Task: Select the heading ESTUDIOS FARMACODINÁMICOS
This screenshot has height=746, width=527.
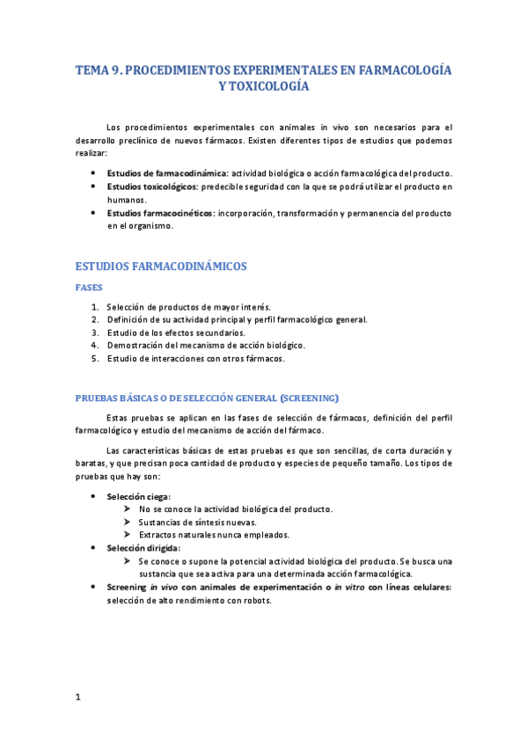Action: pyautogui.click(x=161, y=265)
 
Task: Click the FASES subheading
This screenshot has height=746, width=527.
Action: pyautogui.click(x=90, y=288)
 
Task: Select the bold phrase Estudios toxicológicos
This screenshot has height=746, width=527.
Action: pyautogui.click(x=152, y=186)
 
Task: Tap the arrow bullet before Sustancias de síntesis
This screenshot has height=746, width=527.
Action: pyautogui.click(x=128, y=522)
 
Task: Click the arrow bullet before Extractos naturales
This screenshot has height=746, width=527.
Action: pyautogui.click(x=128, y=535)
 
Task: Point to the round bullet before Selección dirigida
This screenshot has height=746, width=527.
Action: pyautogui.click(x=94, y=547)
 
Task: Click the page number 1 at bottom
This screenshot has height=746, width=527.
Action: pyautogui.click(x=77, y=698)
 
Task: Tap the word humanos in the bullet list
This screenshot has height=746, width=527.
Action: pyautogui.click(x=127, y=200)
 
